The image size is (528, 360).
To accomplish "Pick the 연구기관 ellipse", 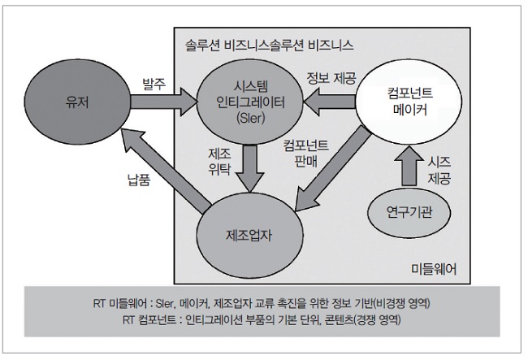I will [408, 213].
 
